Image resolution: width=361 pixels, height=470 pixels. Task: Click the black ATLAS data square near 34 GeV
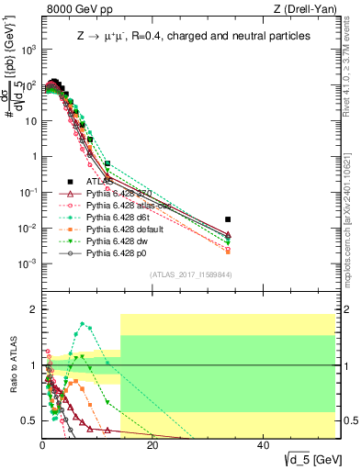pos(331,219)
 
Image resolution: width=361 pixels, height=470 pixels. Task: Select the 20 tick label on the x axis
pos(152,446)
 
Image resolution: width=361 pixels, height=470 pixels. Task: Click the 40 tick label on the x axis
pos(263,446)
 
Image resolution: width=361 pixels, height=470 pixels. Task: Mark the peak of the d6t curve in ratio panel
pos(84,323)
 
